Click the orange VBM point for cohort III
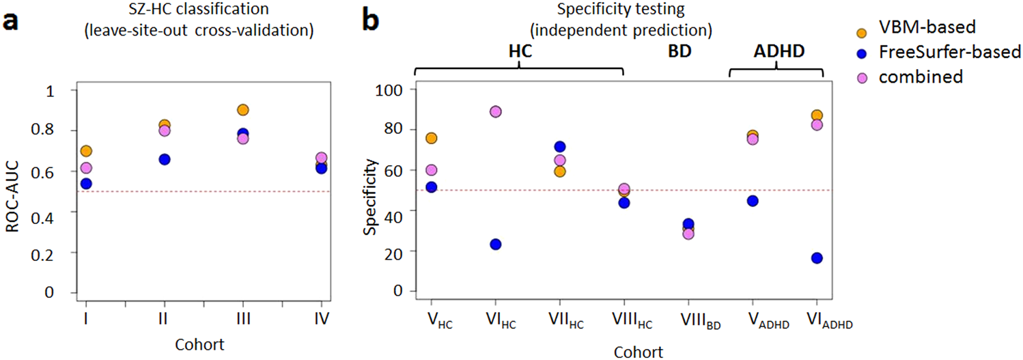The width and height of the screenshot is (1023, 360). click(242, 110)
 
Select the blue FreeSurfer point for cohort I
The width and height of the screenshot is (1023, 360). click(86, 184)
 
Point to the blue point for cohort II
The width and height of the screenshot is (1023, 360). click(165, 159)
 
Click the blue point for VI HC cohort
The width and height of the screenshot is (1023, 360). click(496, 245)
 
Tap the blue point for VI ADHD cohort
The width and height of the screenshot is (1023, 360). click(817, 258)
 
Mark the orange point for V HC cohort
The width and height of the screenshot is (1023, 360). click(432, 138)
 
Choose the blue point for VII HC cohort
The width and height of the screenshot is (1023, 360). click(560, 147)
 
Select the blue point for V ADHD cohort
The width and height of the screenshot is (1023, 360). click(753, 201)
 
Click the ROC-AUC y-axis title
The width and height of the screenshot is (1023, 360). click(12, 191)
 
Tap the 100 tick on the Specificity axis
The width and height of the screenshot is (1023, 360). click(397, 89)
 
